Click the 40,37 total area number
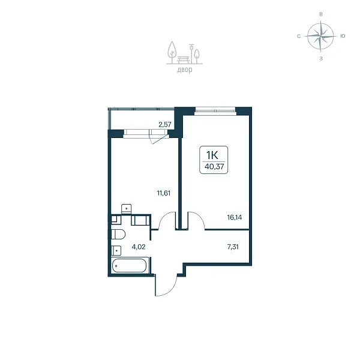[214, 166]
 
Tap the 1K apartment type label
[212, 155]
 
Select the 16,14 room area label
[235, 217]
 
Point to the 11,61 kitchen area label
[164, 193]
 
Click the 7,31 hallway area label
[233, 247]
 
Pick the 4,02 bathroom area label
[139, 247]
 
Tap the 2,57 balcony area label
[165, 124]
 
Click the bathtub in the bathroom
[129, 266]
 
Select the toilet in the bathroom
[118, 235]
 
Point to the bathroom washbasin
[116, 250]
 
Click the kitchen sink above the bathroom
[126, 209]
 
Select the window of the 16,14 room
[215, 111]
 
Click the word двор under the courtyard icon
[185, 70]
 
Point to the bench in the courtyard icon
[184, 59]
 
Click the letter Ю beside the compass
[343, 36]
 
